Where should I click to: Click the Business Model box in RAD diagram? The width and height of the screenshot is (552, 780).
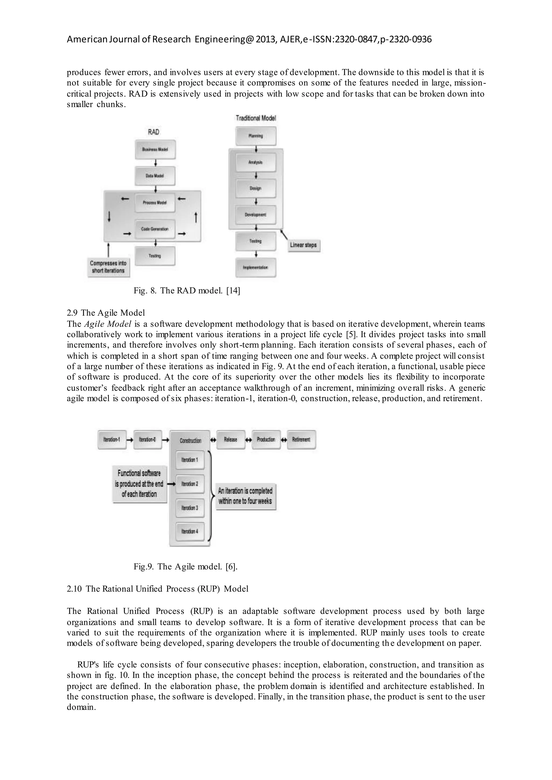[155, 149]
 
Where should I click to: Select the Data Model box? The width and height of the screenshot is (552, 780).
[155, 176]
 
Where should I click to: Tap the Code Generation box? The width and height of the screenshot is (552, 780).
[155, 229]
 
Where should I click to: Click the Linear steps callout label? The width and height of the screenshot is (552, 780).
[303, 245]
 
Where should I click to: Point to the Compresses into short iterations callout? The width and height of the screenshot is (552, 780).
[108, 267]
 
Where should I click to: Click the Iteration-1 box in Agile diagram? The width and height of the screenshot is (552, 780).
[112, 439]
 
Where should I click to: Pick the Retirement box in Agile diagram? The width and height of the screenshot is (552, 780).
[301, 439]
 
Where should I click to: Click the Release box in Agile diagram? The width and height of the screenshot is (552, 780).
[230, 439]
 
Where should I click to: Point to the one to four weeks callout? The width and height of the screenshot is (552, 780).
[246, 496]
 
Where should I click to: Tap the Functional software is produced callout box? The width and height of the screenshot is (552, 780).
[139, 484]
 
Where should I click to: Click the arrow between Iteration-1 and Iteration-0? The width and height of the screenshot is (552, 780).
[130, 440]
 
